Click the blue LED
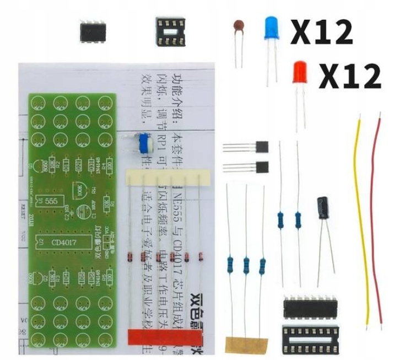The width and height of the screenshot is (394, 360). pos(272,28)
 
